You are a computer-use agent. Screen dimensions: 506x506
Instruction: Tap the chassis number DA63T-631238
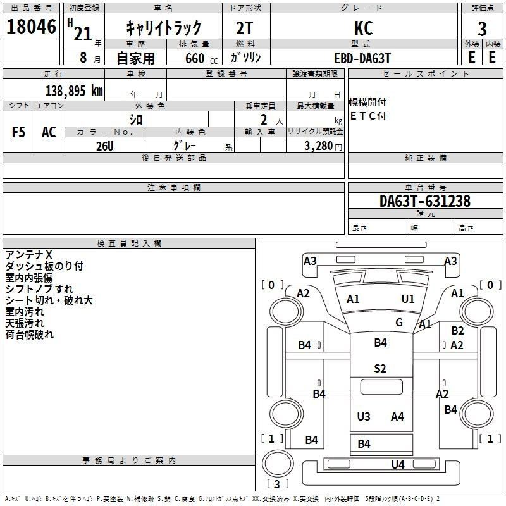tap(424, 202)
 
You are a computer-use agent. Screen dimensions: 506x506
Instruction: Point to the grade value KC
tap(364, 28)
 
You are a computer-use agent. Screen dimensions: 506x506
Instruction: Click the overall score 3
tap(482, 28)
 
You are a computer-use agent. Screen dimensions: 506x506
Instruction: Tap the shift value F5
tap(19, 132)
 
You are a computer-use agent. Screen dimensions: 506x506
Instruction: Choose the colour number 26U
tap(104, 146)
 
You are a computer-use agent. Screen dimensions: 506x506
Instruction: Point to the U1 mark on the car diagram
tap(408, 299)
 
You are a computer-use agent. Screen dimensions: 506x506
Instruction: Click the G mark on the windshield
tap(399, 323)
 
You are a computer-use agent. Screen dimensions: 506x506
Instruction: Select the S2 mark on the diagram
tap(379, 369)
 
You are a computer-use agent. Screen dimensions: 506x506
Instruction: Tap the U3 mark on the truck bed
tap(364, 417)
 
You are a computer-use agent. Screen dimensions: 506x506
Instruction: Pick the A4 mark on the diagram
tap(397, 417)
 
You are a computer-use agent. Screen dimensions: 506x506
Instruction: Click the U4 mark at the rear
tap(398, 465)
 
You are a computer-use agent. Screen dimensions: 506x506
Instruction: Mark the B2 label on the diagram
tap(457, 331)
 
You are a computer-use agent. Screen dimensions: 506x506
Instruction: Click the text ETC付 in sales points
tap(368, 116)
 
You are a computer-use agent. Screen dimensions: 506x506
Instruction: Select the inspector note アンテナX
tap(28, 255)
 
